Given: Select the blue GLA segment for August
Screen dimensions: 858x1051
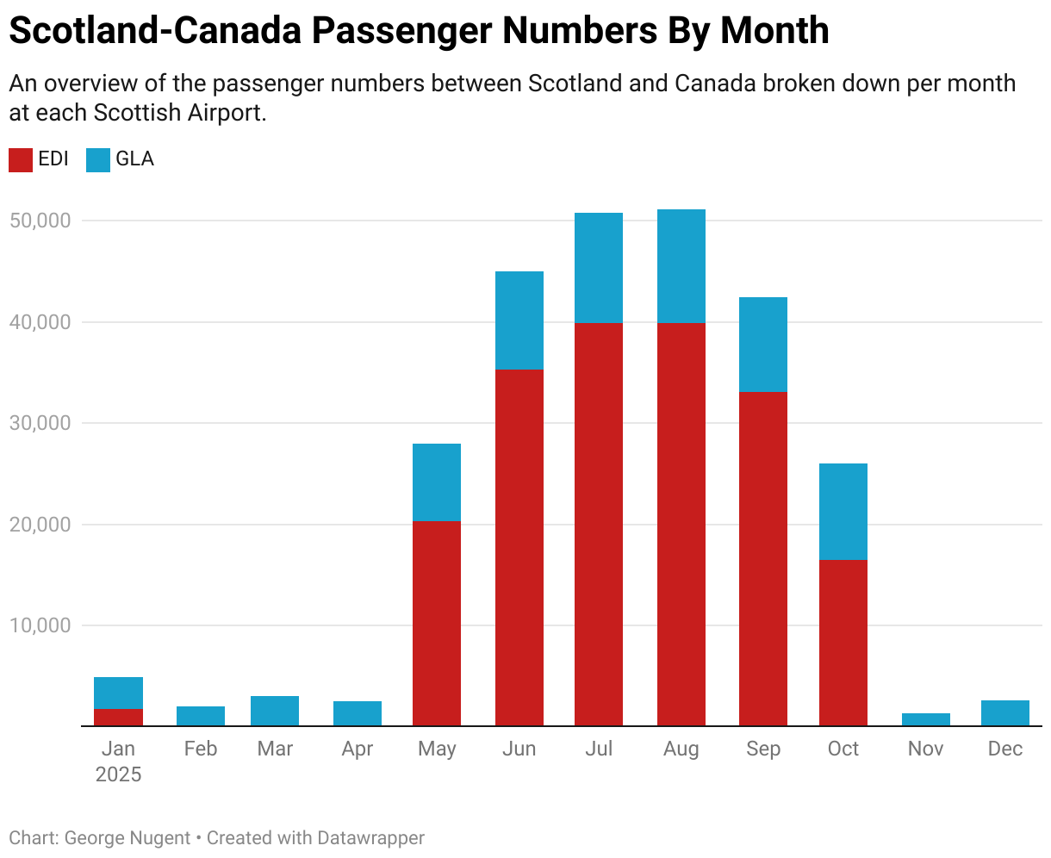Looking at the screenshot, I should point(681,266).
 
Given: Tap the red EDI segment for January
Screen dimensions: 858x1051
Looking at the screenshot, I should point(118,717).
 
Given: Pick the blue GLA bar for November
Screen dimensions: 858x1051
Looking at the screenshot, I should point(926,719).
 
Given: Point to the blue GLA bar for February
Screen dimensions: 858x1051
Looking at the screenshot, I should point(201,716).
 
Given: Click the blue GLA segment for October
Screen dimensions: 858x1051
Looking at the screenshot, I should point(843,512).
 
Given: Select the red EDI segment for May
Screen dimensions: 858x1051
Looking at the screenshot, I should point(437,623).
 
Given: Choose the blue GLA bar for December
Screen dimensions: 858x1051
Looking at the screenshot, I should point(1005,712).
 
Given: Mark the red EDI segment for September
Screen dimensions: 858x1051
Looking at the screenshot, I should point(762,558).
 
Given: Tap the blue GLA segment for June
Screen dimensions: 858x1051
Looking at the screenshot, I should point(519,320).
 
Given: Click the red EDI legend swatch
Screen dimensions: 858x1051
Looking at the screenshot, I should point(21,160).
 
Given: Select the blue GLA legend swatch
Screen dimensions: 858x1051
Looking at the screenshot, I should point(98,160).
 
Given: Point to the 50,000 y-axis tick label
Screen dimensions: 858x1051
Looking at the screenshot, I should point(39,221).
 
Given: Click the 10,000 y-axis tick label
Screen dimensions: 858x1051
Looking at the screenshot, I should point(39,625).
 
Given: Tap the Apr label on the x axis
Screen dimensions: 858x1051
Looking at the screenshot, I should point(357,749).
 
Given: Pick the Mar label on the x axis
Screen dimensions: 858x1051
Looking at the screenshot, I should point(275,749).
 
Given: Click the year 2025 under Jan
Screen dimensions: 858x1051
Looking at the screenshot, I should point(118,774).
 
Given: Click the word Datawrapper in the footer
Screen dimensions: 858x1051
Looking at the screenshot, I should point(370,837).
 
